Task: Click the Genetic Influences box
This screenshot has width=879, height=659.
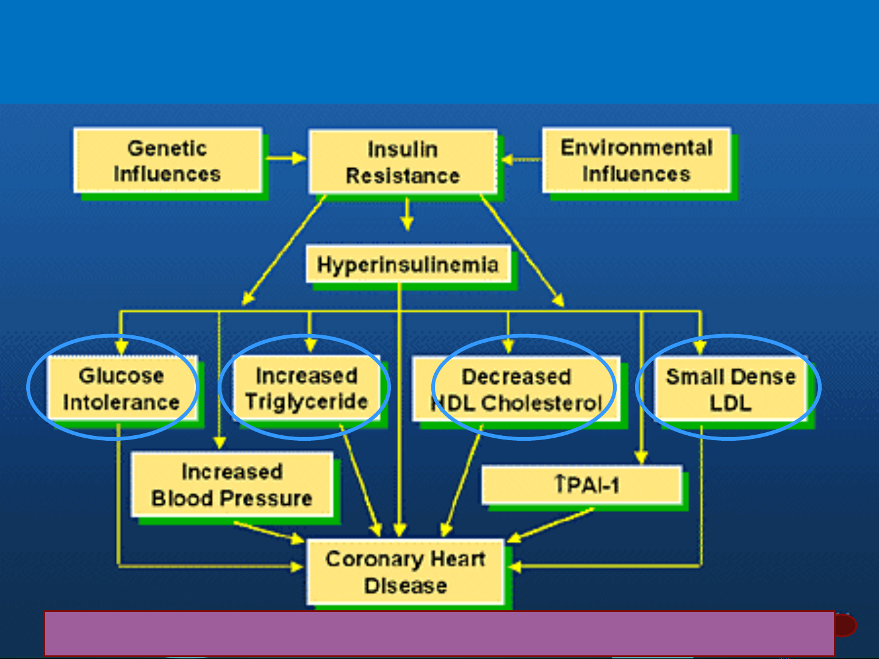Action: (x=168, y=160)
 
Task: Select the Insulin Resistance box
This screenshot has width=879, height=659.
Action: (x=403, y=162)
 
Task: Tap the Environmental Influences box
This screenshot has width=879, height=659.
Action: (x=637, y=160)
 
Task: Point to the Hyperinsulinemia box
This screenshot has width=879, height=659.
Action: (x=409, y=264)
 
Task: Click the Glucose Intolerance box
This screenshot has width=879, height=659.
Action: (x=122, y=388)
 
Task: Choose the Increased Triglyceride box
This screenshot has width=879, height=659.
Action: (x=307, y=388)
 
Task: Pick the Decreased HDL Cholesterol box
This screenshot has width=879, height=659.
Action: (x=517, y=389)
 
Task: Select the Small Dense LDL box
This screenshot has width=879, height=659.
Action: (x=731, y=389)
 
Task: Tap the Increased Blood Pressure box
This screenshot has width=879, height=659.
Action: (x=232, y=485)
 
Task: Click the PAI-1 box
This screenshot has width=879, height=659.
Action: (x=582, y=485)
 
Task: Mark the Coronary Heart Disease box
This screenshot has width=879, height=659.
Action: (x=405, y=572)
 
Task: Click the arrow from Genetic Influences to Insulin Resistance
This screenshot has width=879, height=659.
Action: (x=286, y=158)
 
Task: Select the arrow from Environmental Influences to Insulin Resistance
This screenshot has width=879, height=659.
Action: (x=521, y=160)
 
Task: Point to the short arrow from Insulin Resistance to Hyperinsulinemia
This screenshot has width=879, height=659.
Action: (x=407, y=214)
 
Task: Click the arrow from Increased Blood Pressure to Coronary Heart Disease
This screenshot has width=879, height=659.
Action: (x=269, y=533)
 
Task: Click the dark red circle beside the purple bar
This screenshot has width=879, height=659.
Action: (x=845, y=625)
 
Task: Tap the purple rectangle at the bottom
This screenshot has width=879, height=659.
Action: (x=439, y=634)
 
